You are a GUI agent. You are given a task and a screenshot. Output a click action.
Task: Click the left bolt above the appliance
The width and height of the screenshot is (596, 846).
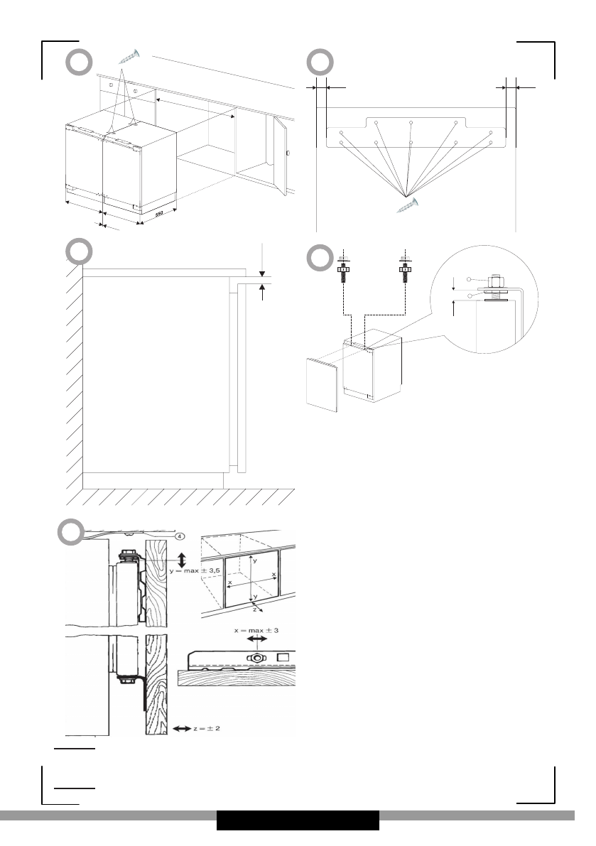(x=342, y=271)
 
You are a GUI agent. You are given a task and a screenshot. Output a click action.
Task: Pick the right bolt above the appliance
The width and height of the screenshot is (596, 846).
(x=403, y=271)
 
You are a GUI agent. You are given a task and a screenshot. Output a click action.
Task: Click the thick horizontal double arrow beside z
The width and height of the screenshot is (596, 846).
(x=180, y=728)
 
